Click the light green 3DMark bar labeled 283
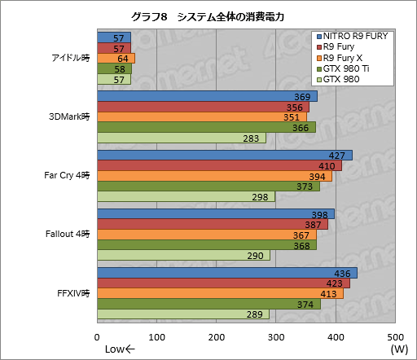[181, 138]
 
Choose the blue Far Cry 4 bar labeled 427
[224, 156]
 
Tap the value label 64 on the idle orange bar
[122, 59]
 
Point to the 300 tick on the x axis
[276, 336]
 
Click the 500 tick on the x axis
[395, 336]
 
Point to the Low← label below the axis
[121, 349]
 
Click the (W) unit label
[399, 349]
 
